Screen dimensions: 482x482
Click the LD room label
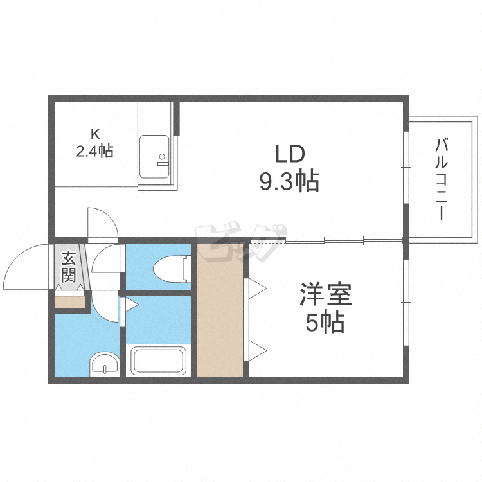(x=289, y=155)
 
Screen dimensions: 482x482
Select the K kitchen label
(x=95, y=134)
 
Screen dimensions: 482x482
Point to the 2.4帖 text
(x=95, y=152)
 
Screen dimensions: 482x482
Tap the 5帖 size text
(x=325, y=323)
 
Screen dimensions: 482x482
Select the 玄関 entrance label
(x=68, y=267)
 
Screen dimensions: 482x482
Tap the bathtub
(x=158, y=361)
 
